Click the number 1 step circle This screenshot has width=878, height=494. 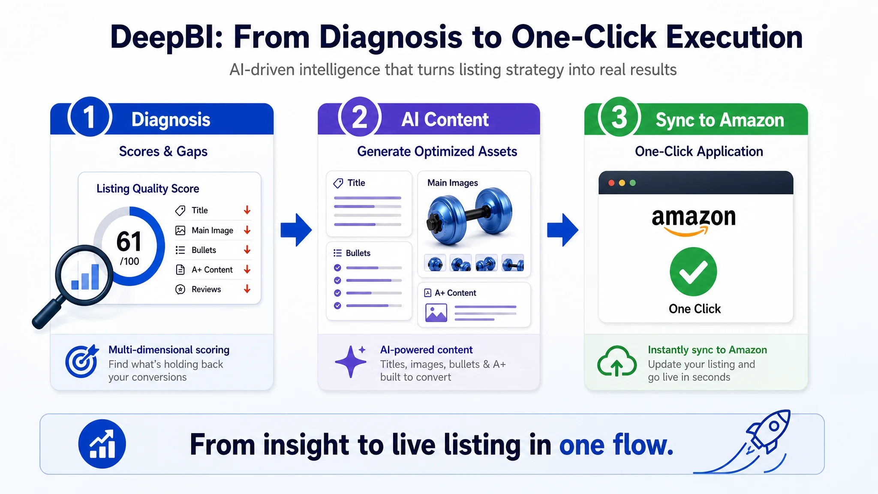click(x=90, y=117)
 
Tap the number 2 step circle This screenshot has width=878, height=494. click(x=360, y=117)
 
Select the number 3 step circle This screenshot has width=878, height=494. click(x=619, y=117)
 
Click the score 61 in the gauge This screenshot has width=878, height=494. click(x=129, y=241)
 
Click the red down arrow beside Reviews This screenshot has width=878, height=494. click(x=247, y=289)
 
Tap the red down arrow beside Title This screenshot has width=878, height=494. click(x=247, y=210)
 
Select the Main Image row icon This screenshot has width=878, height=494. click(x=180, y=230)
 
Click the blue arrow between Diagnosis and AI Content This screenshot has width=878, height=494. click(x=296, y=230)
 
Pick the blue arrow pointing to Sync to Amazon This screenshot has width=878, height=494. click(x=563, y=230)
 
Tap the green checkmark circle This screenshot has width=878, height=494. click(x=693, y=271)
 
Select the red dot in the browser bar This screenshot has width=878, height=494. click(x=611, y=183)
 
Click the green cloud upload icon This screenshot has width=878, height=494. click(x=616, y=361)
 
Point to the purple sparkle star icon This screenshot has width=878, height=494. click(x=351, y=361)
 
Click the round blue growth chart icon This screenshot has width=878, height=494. click(x=102, y=444)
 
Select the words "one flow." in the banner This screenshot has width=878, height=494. click(x=616, y=445)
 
